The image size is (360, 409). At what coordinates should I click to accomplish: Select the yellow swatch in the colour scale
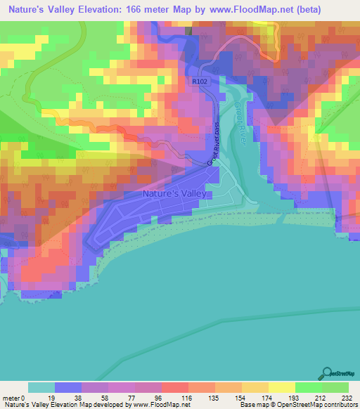pos(281,387)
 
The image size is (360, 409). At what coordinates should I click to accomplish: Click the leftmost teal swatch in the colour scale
pos(41,387)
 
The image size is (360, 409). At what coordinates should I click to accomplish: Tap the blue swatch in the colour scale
pos(68,387)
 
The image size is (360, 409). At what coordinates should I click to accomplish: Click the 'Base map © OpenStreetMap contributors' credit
pos(296,405)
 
